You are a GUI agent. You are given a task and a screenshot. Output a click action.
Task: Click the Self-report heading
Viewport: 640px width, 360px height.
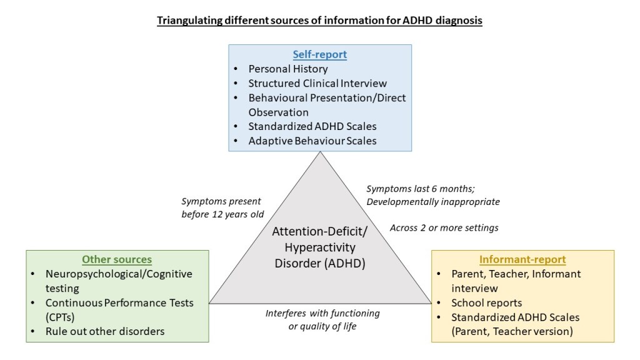pyautogui.click(x=320, y=54)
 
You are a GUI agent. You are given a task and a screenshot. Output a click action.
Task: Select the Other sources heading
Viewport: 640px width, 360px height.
pyautogui.click(x=117, y=259)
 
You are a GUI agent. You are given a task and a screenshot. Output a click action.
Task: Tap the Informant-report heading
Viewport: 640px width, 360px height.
pyautogui.click(x=522, y=259)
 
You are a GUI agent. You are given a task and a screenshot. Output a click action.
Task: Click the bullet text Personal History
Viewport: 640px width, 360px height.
pyautogui.click(x=288, y=69)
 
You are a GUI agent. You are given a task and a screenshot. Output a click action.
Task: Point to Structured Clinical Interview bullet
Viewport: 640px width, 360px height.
pyautogui.click(x=317, y=83)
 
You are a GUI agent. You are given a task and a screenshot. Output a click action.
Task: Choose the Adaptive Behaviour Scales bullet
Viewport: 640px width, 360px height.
pyautogui.click(x=312, y=141)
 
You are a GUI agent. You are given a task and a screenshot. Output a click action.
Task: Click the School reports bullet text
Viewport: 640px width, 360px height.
pyautogui.click(x=486, y=302)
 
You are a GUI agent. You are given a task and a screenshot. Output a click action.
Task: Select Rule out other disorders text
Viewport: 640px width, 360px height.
pyautogui.click(x=105, y=331)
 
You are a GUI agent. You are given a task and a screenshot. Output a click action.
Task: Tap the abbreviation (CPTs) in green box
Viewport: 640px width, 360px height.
pyautogui.click(x=61, y=317)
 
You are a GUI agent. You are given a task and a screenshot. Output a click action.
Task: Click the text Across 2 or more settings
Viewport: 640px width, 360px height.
pyautogui.click(x=444, y=228)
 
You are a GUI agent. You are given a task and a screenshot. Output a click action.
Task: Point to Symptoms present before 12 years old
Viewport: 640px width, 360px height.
pyautogui.click(x=221, y=208)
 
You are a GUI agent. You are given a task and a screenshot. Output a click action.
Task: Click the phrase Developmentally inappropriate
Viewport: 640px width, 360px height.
pyautogui.click(x=432, y=202)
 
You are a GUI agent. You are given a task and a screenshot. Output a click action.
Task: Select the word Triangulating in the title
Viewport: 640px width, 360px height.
pyautogui.click(x=185, y=21)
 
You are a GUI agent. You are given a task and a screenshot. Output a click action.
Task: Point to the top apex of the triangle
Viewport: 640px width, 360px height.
pyautogui.click(x=320, y=154)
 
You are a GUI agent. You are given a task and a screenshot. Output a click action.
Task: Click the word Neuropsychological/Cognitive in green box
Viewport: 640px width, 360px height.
pyautogui.click(x=119, y=274)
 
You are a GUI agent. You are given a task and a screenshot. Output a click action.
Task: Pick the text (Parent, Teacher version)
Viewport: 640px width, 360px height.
pyautogui.click(x=512, y=331)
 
